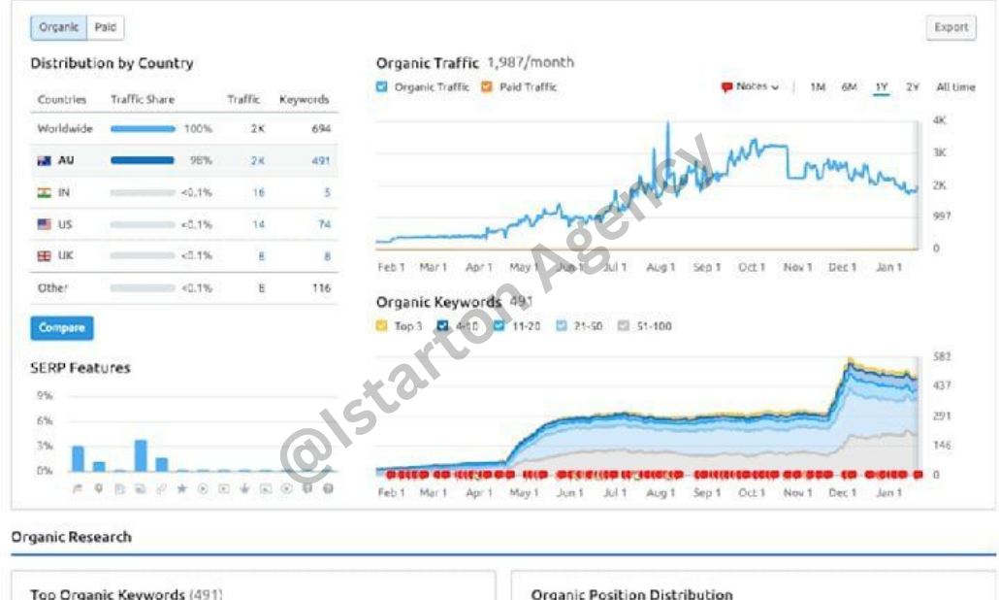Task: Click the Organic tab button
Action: (x=58, y=27)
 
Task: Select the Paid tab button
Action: (x=106, y=27)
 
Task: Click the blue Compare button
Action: (x=62, y=327)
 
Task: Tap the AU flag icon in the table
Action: (x=45, y=160)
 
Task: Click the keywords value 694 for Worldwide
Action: (x=320, y=128)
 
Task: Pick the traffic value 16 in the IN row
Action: (x=258, y=192)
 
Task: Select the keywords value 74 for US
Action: (x=323, y=224)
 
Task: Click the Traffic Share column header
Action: (x=143, y=99)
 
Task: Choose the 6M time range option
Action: (x=850, y=87)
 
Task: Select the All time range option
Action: (x=955, y=87)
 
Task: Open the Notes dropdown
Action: (x=751, y=87)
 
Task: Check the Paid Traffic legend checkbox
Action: (x=487, y=87)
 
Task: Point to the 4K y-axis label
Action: (x=939, y=120)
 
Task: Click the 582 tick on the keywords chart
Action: (x=941, y=357)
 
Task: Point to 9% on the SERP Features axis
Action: (x=45, y=396)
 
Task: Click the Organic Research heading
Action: (x=71, y=537)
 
